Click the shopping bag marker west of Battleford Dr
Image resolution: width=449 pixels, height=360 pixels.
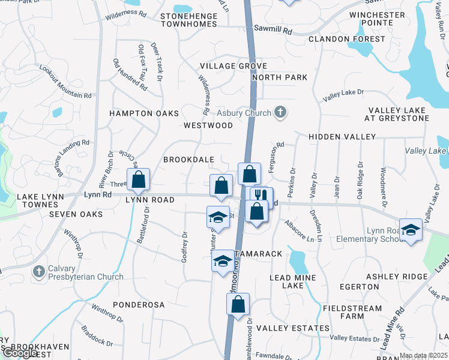[x=139, y=179]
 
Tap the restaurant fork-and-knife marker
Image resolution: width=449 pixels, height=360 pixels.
[x=261, y=196]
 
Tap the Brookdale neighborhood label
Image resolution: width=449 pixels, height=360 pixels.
[x=189, y=160]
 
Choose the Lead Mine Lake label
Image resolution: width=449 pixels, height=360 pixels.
[x=295, y=282]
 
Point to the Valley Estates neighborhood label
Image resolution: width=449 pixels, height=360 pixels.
[x=293, y=328]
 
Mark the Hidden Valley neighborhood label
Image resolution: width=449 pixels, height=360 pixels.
[x=342, y=137]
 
